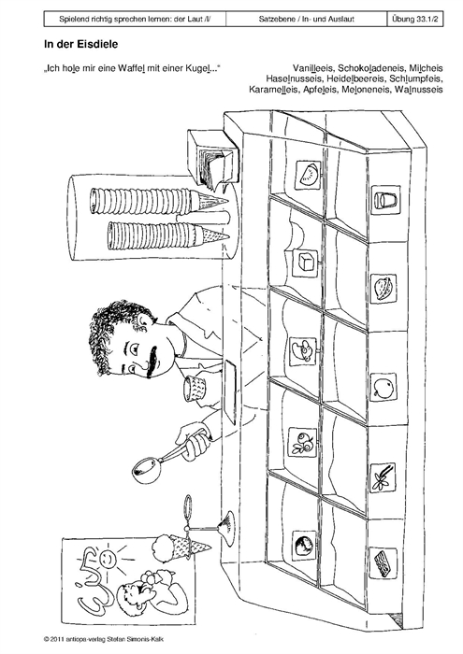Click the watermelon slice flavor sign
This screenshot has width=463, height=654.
pyautogui.click(x=308, y=173)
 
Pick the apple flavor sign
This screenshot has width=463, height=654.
pyautogui.click(x=383, y=388)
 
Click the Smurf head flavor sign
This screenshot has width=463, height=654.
pyautogui.click(x=303, y=350)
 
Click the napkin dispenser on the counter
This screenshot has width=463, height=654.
pyautogui.click(x=212, y=157)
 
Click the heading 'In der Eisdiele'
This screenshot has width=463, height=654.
pyautogui.click(x=81, y=44)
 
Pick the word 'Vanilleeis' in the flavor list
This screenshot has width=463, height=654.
pyautogui.click(x=312, y=67)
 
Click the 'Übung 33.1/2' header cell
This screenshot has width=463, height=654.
pyautogui.click(x=415, y=19)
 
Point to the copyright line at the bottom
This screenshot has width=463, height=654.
pyautogui.click(x=106, y=638)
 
